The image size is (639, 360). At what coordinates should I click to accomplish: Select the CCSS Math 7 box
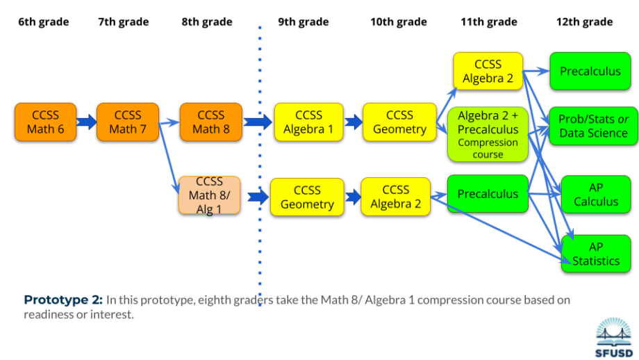click(x=127, y=122)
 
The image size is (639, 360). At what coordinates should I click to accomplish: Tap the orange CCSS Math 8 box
click(x=210, y=122)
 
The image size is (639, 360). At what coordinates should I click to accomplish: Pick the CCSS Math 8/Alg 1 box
click(x=209, y=195)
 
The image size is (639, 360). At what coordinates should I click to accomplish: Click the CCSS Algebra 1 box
click(x=308, y=122)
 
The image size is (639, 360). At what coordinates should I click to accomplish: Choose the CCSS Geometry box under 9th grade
click(x=306, y=197)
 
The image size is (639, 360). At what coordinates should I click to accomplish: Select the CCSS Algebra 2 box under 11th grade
click(x=488, y=71)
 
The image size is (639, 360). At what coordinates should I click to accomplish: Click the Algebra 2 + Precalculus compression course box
click(x=488, y=134)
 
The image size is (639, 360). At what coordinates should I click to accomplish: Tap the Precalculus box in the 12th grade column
click(x=590, y=71)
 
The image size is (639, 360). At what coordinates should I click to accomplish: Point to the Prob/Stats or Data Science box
click(x=592, y=126)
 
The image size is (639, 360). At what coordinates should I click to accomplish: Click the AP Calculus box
click(x=595, y=195)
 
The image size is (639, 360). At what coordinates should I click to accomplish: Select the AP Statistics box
click(x=595, y=254)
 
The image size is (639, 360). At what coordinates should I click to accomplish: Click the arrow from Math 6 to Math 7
click(x=86, y=122)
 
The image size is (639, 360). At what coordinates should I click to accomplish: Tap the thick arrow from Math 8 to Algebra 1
click(x=258, y=123)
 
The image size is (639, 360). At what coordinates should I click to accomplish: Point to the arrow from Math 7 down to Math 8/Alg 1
click(x=168, y=156)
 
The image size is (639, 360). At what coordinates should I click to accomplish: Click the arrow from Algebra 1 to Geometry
click(x=354, y=123)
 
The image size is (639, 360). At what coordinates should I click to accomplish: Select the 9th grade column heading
click(x=303, y=22)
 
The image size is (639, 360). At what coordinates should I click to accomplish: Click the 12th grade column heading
click(x=584, y=22)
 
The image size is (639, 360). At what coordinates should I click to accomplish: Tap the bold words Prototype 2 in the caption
click(x=63, y=300)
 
